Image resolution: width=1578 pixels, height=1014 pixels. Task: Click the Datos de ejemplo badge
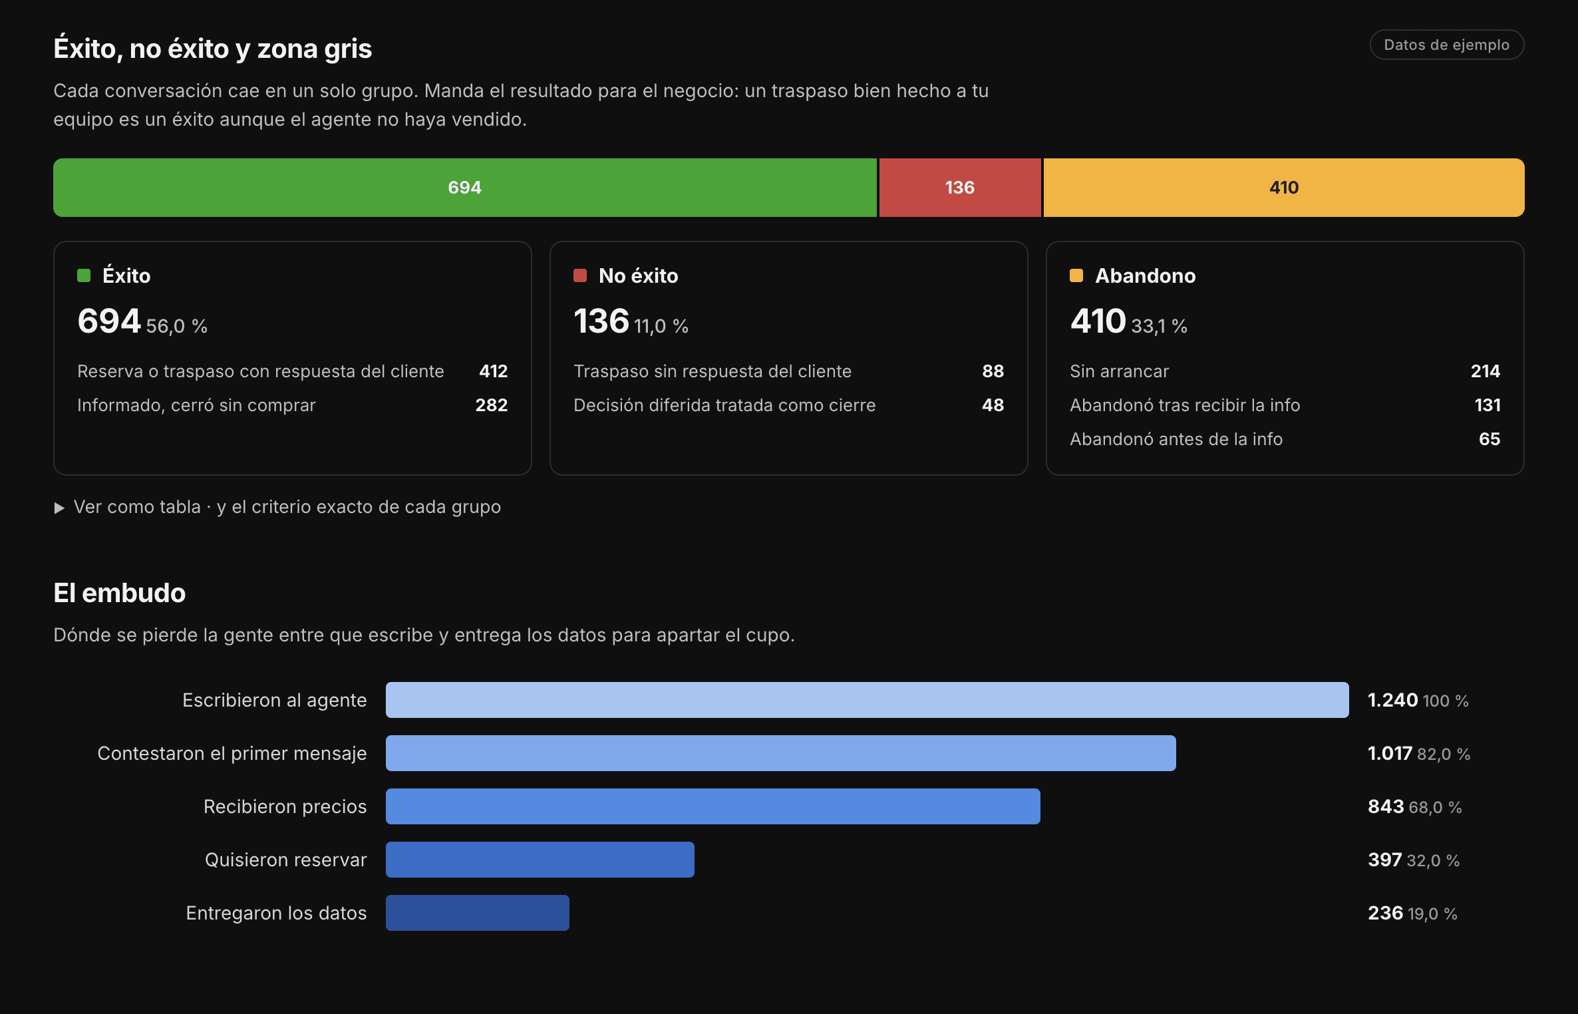[1447, 45]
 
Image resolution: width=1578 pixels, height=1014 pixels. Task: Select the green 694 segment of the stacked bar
[465, 188]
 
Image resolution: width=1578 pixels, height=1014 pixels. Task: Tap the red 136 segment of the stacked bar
[960, 188]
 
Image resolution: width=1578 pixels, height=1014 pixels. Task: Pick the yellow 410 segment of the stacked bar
[1284, 188]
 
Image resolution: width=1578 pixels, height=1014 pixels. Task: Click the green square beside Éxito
[84, 275]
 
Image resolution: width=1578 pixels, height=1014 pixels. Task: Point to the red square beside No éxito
[580, 275]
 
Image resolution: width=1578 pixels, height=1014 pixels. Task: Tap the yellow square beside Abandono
[1076, 275]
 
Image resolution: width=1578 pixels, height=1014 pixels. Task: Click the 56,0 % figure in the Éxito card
[177, 326]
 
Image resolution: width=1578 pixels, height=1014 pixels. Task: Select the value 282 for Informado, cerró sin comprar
[492, 405]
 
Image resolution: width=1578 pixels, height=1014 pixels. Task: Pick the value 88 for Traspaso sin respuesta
[993, 371]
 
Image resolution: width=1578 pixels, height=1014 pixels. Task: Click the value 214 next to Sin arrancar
[1486, 371]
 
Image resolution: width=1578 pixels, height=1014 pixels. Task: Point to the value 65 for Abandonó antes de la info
[1490, 439]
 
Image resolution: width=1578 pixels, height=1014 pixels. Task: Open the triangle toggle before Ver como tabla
[59, 508]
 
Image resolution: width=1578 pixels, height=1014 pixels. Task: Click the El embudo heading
[120, 593]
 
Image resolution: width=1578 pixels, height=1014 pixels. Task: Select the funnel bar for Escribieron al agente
[868, 700]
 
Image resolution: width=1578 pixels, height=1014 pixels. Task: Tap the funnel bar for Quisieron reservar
[540, 860]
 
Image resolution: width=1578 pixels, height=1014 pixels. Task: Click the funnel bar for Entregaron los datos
[478, 913]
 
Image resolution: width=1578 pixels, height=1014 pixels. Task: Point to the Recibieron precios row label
[285, 806]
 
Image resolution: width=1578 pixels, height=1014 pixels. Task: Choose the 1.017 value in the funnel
[1390, 753]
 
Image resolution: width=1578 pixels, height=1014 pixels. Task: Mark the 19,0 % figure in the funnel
[1432, 914]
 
